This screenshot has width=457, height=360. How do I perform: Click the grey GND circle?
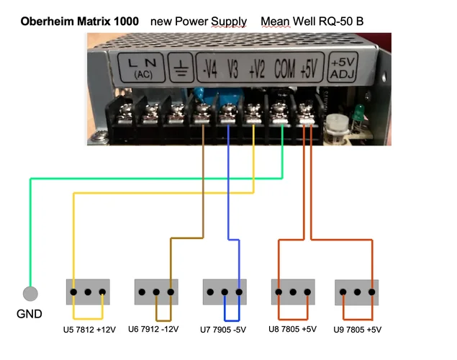point(30,294)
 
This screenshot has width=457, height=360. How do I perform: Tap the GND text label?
point(30,314)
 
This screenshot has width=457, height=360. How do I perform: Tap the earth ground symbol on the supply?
point(180,69)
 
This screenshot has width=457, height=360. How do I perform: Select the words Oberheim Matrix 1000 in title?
point(79,21)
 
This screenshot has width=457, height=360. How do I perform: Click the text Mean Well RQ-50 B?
point(312,21)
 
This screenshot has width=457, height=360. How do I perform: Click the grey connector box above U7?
point(225,293)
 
